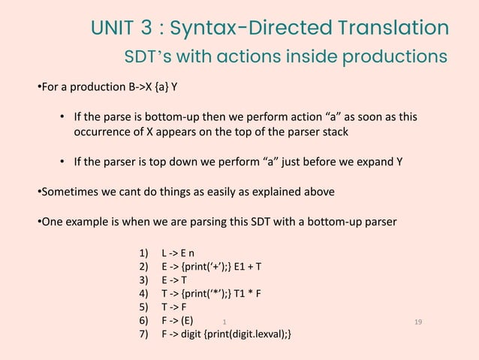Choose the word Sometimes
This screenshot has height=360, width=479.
coord(68,192)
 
